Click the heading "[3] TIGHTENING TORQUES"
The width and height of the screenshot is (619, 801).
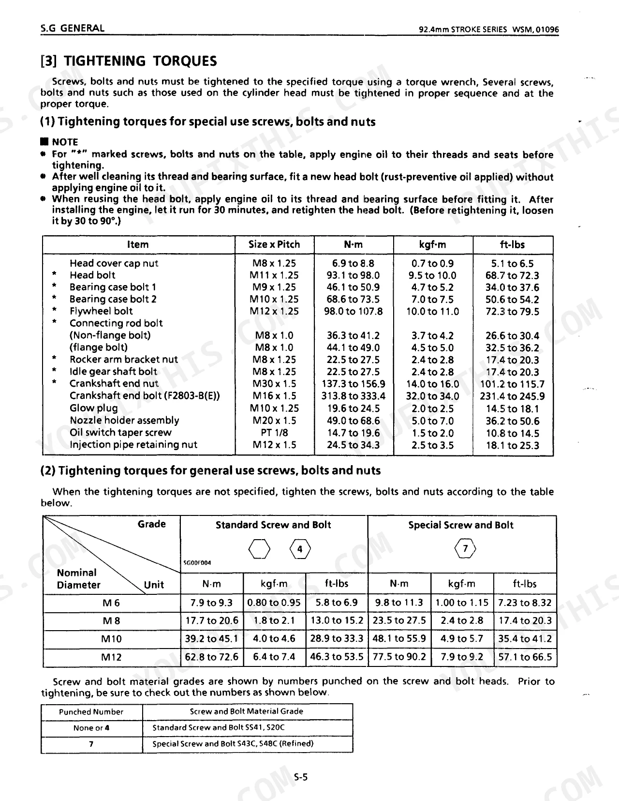point(129,61)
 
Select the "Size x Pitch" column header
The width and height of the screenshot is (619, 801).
point(274,244)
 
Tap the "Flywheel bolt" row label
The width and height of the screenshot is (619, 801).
point(101,311)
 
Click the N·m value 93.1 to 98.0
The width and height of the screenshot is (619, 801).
point(353,275)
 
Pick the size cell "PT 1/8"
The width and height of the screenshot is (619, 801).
point(274,433)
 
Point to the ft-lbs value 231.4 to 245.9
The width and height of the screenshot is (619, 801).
point(512,396)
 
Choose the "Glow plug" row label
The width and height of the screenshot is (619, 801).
point(93,408)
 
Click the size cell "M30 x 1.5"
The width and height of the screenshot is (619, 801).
point(274,384)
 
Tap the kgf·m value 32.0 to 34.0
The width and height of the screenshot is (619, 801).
point(432,396)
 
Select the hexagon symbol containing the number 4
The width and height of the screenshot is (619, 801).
point(300,549)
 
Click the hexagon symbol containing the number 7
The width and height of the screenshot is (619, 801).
point(465,548)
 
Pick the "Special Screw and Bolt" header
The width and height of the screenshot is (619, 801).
point(460,525)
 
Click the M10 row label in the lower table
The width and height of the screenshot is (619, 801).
point(111,639)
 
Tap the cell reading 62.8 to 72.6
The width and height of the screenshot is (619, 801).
point(211,657)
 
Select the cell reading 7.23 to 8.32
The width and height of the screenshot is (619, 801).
point(525,603)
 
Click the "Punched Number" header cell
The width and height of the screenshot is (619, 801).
point(91,711)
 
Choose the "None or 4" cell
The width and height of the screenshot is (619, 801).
point(91,728)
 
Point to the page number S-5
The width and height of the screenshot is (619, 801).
point(301,777)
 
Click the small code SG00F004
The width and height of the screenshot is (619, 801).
point(197,562)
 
